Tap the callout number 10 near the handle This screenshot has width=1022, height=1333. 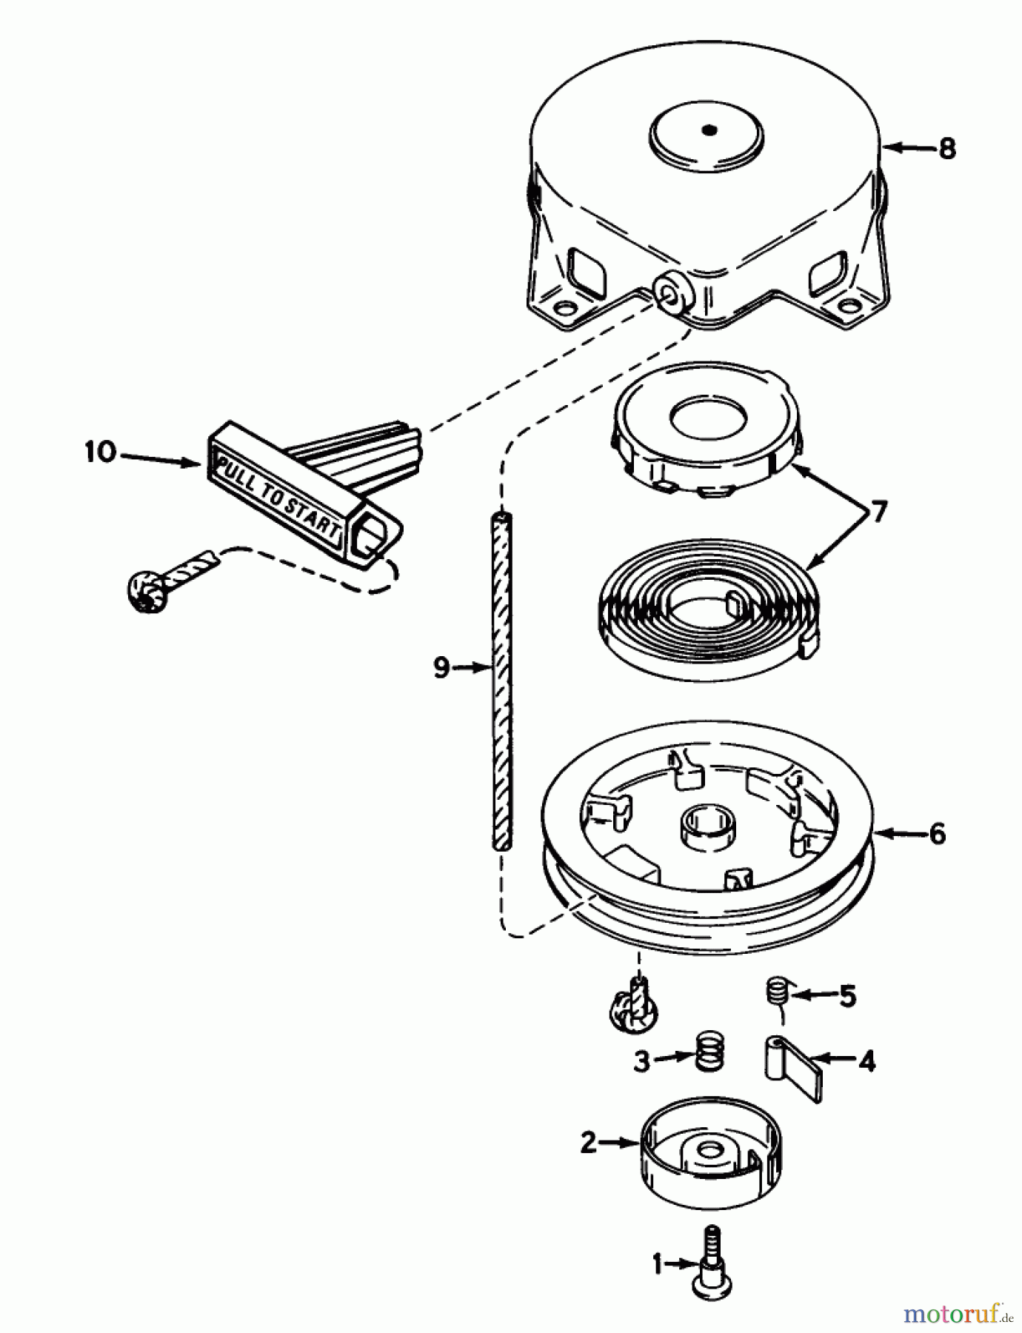tap(101, 452)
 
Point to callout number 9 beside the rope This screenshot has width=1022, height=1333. tap(441, 669)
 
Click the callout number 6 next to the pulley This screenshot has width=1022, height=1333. tap(937, 834)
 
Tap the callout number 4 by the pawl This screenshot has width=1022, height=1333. tap(866, 1061)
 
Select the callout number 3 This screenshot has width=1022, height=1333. tap(641, 1061)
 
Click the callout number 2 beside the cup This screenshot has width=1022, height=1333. tap(589, 1143)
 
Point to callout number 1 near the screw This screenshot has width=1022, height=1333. tap(657, 1264)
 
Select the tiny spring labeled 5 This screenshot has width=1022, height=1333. tap(775, 991)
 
